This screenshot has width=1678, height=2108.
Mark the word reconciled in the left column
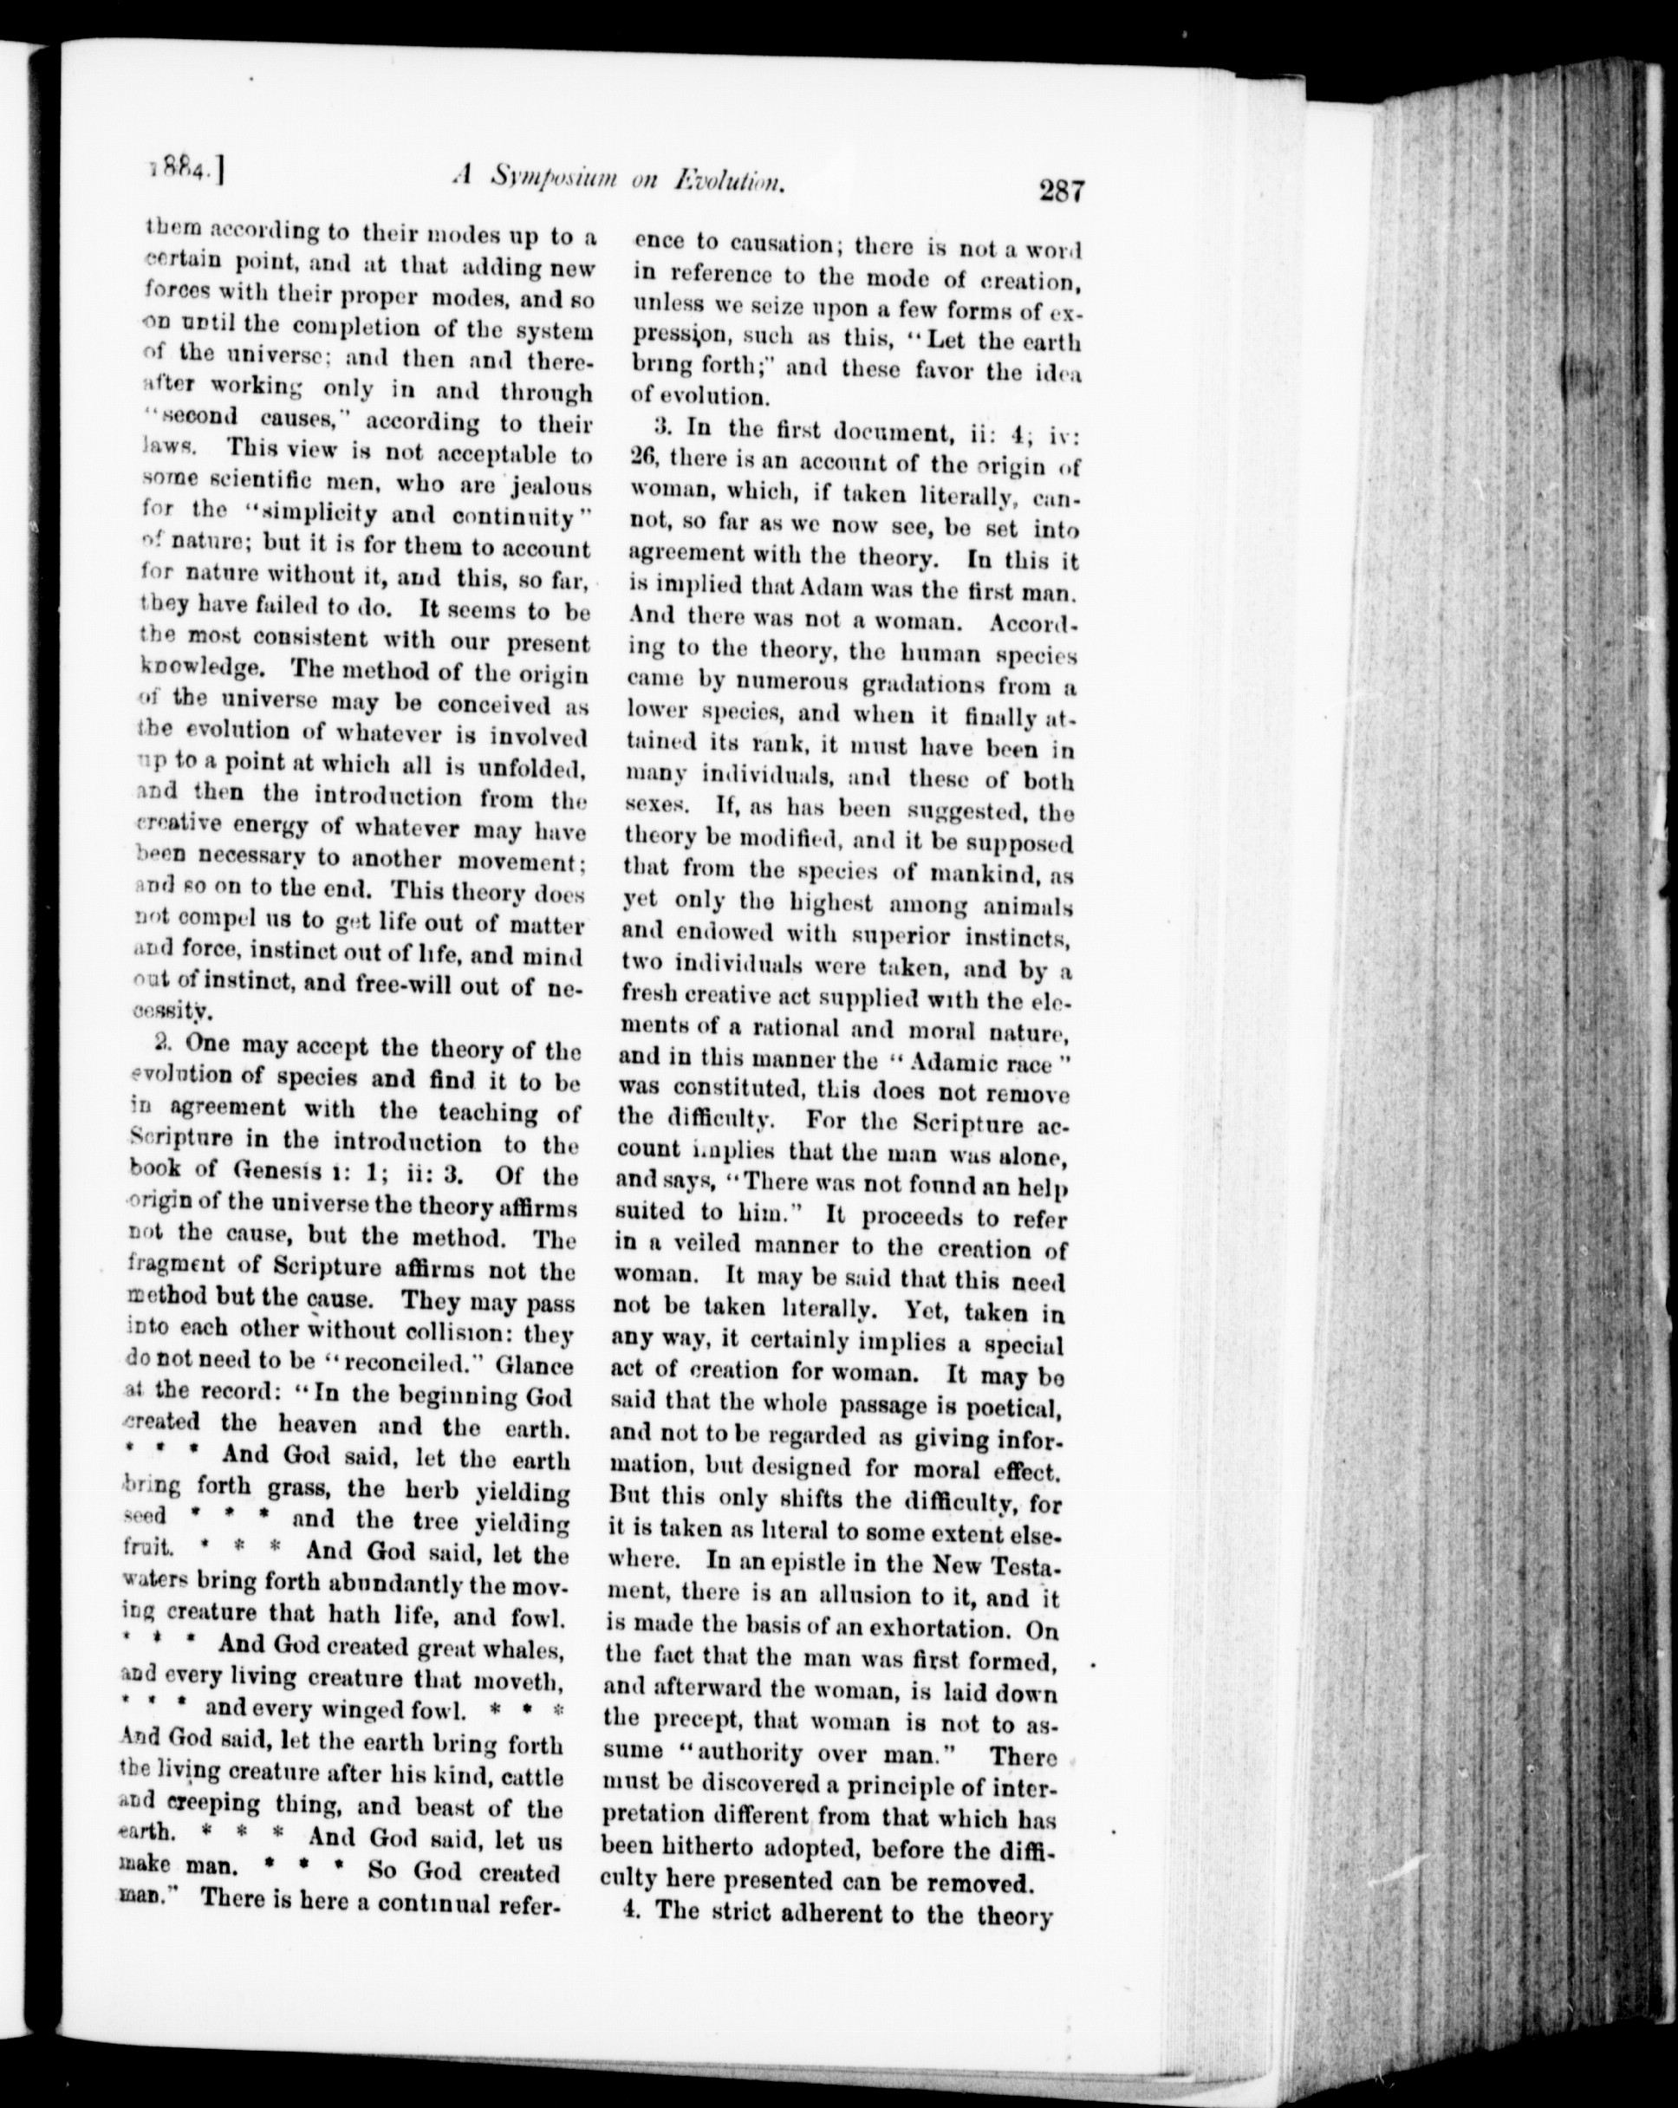point(372,1364)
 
